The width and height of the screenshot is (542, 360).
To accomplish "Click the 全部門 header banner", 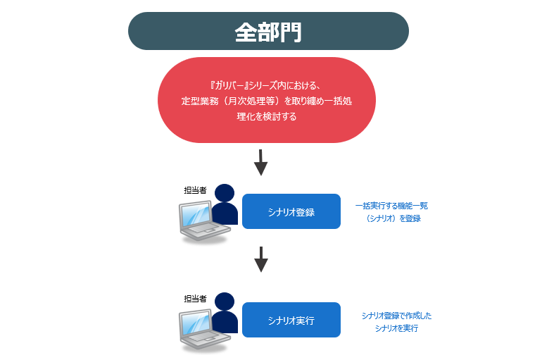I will (268, 31).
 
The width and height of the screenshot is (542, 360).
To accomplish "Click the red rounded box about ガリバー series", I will (267, 100).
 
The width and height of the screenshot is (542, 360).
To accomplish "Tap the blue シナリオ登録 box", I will (291, 211).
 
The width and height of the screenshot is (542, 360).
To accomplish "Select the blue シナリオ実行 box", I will (291, 320).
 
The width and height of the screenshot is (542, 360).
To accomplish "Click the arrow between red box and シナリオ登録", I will (261, 163).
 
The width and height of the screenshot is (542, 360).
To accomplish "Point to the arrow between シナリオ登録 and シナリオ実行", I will (261, 259).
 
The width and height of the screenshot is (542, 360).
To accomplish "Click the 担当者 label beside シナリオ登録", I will (195, 190).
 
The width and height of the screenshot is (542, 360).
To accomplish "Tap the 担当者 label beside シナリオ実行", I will (195, 299).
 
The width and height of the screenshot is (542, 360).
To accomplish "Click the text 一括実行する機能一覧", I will (392, 206).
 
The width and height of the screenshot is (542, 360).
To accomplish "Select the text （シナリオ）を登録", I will (392, 218).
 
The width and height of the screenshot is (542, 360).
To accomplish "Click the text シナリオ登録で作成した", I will (396, 316).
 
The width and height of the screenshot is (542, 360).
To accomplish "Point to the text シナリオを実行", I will (396, 328).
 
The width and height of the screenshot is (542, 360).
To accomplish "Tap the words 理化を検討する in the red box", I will (267, 116).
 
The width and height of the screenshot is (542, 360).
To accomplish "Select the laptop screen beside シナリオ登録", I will (196, 216).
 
